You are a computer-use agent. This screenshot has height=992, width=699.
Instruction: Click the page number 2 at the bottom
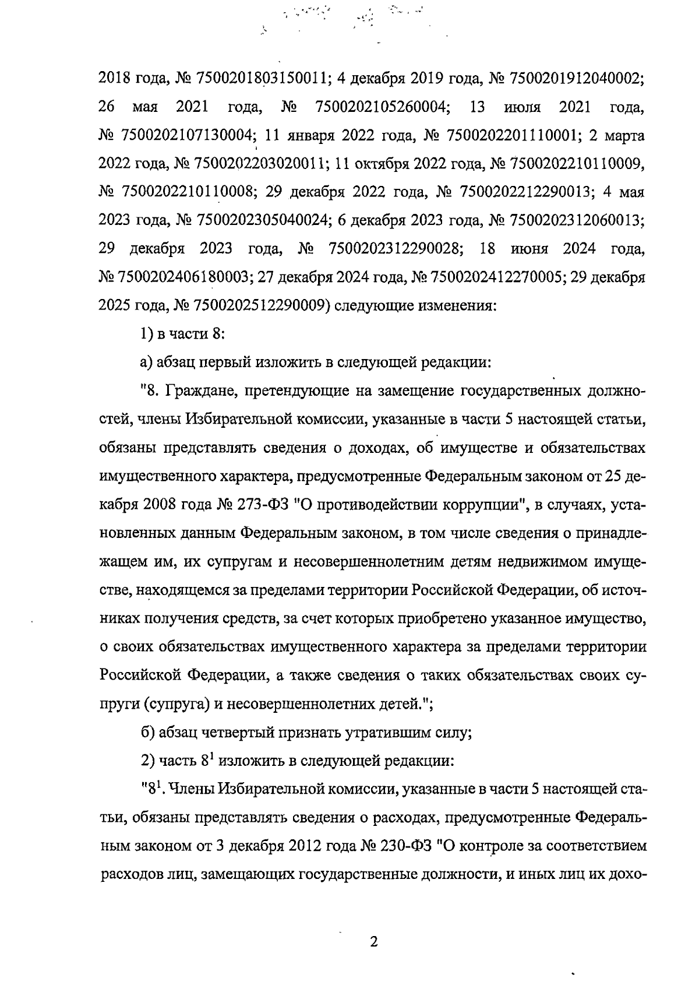[374, 942]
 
